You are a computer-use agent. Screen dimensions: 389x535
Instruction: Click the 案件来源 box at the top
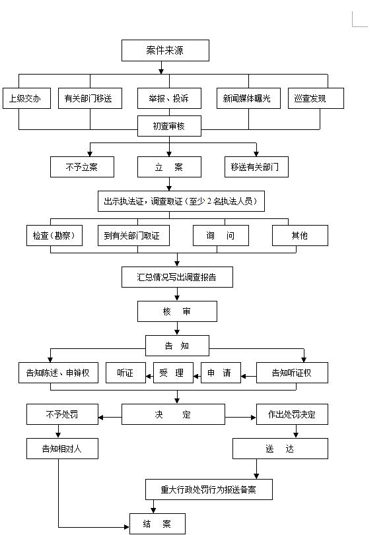165,51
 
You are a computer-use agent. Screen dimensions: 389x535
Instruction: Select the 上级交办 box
26,98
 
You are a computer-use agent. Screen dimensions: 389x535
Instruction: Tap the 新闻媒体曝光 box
248,98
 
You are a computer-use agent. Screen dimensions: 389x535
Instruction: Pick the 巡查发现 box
316,98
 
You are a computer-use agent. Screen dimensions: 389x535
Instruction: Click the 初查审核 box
169,126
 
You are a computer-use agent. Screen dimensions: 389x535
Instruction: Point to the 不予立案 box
82,167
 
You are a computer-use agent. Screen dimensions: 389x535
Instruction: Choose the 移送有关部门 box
256,167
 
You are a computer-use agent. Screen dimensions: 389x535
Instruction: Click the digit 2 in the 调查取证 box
209,201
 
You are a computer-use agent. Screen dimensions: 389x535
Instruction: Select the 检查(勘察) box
54,236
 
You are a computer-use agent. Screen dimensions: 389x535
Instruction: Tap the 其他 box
300,236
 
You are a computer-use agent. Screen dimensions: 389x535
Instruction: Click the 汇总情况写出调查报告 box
177,277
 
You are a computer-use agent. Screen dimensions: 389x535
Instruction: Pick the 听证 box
125,373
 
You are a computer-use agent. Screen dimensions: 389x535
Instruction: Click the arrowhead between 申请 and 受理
196,376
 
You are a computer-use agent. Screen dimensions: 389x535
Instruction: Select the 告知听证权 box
292,373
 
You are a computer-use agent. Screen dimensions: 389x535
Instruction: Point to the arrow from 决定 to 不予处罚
110,418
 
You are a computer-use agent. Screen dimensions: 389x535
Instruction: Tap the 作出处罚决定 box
292,414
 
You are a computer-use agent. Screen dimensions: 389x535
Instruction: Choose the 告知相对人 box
62,449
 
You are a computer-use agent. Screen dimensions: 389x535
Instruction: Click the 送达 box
280,449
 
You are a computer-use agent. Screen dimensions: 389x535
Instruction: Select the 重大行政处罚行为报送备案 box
209,489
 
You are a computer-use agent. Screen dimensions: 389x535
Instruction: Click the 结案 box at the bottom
157,524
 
